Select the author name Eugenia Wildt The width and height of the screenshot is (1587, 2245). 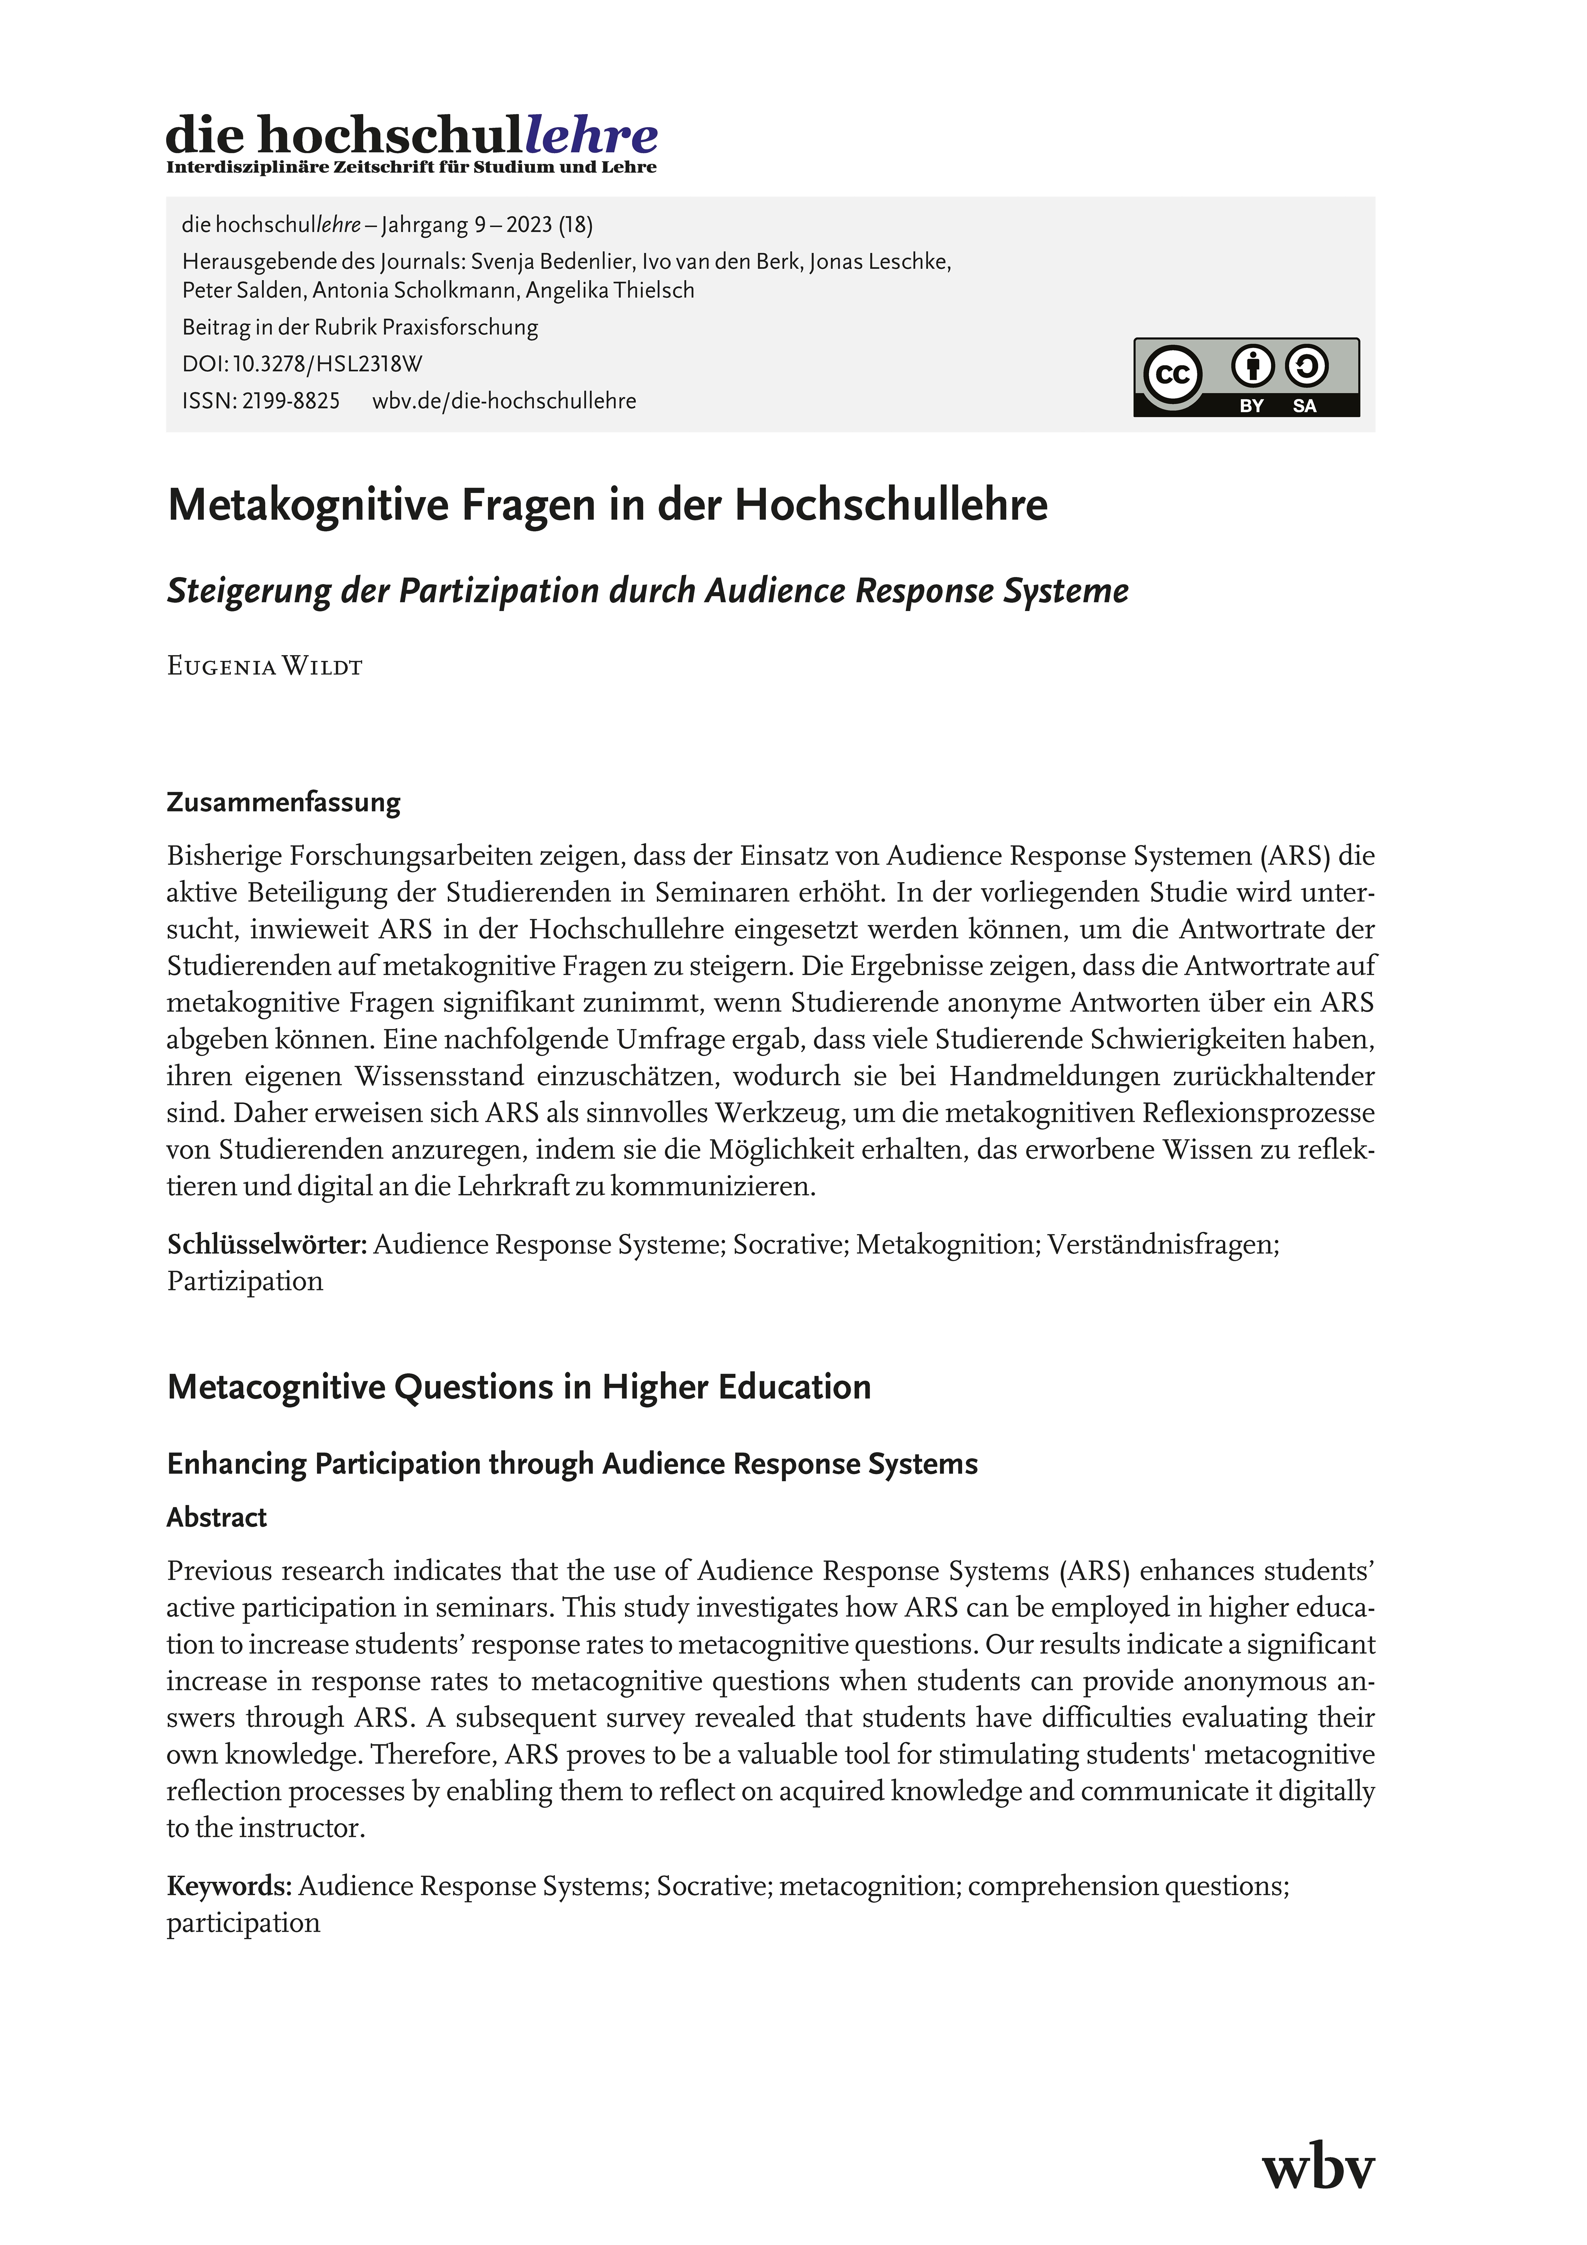coord(265,667)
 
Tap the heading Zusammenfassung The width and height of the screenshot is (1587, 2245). coord(284,803)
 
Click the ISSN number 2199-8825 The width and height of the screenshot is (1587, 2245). coord(290,401)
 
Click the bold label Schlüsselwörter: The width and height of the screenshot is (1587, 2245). coord(267,1245)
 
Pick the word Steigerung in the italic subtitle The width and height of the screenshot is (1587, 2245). coord(248,590)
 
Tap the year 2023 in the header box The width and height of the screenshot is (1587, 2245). coord(529,225)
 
